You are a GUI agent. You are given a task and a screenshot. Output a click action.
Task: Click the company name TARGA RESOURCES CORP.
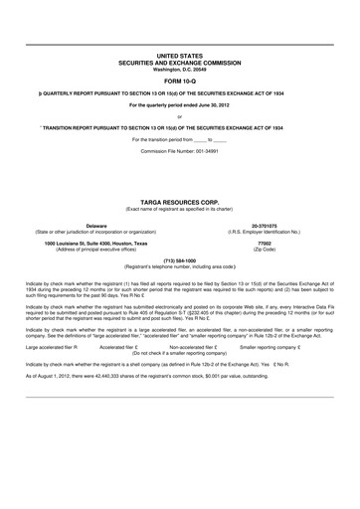tap(179, 172)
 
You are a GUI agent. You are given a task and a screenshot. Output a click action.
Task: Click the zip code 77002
tap(264, 215)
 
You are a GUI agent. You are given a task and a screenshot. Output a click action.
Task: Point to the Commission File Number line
tap(179, 147)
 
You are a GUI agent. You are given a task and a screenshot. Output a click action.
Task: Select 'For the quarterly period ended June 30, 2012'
tap(179, 104)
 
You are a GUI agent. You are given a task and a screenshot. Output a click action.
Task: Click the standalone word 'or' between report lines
tap(179, 116)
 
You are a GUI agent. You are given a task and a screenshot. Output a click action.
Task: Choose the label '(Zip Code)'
tap(264, 221)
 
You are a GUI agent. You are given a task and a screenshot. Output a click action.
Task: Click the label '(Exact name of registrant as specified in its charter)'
tap(179, 179)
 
